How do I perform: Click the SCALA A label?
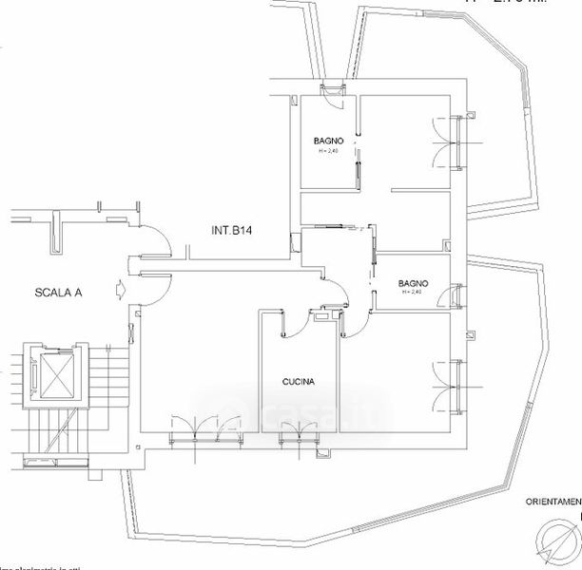pos(58,294)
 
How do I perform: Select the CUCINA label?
pos(299,383)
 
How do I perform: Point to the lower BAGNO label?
pos(414,283)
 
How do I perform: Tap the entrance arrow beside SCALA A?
pos(117,287)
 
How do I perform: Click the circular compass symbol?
pos(557,543)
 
